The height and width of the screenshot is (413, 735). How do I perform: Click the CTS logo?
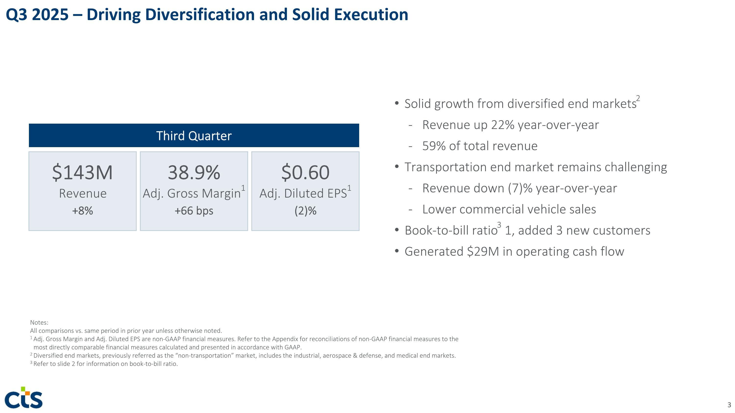24,398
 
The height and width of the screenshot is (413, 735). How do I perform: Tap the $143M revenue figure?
83,172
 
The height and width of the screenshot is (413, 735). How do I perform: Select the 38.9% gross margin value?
194,172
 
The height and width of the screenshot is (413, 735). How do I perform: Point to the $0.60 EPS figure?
305,172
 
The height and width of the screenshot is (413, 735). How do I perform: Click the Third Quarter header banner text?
194,136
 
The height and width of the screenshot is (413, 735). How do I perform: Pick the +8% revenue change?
83,211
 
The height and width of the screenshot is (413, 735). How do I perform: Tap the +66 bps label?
194,211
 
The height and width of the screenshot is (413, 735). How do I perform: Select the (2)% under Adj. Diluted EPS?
305,211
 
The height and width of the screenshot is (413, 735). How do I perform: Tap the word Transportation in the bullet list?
445,167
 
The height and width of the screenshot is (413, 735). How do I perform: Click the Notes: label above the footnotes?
39,322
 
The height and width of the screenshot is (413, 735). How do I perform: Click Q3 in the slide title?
17,15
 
